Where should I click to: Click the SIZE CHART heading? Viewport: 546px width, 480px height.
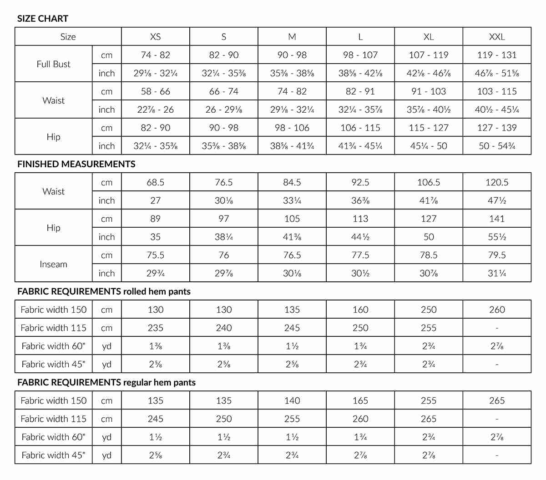[x=43, y=19]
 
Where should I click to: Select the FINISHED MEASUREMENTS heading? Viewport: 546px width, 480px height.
[x=76, y=164]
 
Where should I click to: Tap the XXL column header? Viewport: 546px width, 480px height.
[x=497, y=37]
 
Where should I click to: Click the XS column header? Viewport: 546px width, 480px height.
[x=156, y=37]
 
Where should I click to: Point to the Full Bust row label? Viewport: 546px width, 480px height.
[x=54, y=64]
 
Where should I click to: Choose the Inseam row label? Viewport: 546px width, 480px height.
[x=54, y=264]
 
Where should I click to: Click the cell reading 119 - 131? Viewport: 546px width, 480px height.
[x=497, y=55]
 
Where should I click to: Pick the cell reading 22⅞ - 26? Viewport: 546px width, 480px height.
[x=156, y=110]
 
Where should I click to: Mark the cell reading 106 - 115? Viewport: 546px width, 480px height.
[x=360, y=128]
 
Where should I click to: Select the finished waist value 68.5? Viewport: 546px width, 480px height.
[x=156, y=182]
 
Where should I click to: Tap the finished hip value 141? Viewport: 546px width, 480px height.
[x=497, y=219]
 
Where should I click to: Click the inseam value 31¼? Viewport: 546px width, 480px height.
[x=497, y=273]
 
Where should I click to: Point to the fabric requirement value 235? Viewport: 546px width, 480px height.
[x=156, y=328]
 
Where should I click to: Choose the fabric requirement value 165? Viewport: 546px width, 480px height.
[x=360, y=400]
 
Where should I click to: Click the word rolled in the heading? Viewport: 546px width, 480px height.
[x=135, y=291]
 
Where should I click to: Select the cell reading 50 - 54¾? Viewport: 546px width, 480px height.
[x=497, y=146]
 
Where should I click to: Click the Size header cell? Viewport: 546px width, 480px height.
[x=68, y=37]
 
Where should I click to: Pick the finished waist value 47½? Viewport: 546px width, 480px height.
[x=497, y=200]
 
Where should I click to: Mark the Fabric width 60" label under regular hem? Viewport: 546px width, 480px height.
[x=54, y=437]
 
